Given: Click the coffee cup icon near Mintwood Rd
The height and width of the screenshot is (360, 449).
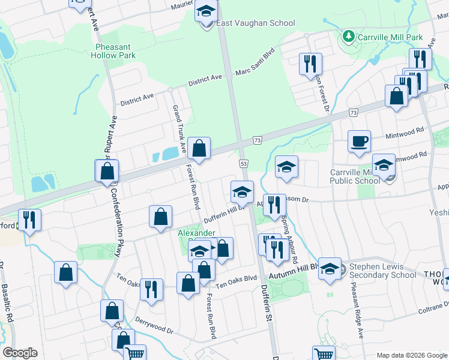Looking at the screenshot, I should tap(360, 142).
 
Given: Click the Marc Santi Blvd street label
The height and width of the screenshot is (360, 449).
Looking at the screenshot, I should tap(255, 62).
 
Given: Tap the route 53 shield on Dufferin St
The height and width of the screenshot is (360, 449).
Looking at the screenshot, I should tap(244, 164).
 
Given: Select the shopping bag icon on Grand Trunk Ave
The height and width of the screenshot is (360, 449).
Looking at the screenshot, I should tap(199, 148).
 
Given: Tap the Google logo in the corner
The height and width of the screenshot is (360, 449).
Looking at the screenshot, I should tap(20, 353).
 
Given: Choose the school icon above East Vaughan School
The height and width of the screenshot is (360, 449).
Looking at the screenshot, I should tap(206, 13).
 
